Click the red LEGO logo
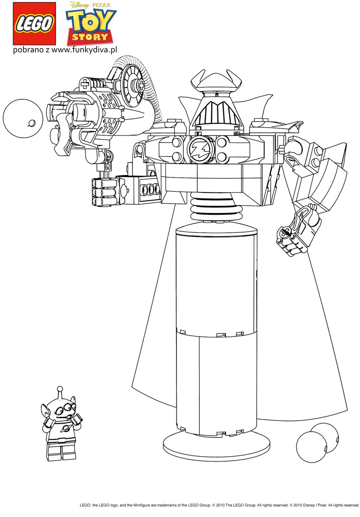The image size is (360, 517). (34, 23)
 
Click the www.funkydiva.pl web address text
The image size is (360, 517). (84, 50)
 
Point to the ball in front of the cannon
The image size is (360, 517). (23, 119)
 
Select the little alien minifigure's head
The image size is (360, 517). (62, 409)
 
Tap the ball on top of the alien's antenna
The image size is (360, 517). (60, 389)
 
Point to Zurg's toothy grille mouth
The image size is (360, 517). (216, 114)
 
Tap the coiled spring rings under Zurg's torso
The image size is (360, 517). (216, 207)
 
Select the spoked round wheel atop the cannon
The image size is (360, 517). (133, 84)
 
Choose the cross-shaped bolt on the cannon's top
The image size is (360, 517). (86, 84)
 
